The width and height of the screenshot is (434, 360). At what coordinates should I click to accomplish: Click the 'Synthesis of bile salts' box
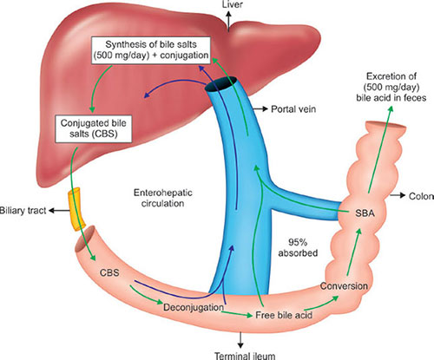point(151,50)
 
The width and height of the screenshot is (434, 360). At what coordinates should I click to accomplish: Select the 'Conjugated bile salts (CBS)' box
point(94,128)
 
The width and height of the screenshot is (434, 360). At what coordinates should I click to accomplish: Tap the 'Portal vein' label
point(293,109)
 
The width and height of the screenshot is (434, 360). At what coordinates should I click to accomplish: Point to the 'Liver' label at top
point(233,4)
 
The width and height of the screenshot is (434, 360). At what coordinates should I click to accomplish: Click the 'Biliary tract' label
point(23,211)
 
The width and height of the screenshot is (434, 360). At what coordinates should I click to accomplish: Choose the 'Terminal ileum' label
point(245,356)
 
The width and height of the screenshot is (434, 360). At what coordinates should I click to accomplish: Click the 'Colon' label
point(421,196)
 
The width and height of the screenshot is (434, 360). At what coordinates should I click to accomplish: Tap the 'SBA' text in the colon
point(365,213)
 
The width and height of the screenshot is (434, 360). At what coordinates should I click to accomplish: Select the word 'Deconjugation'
point(194,307)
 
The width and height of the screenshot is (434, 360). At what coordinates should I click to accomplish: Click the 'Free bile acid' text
point(284,315)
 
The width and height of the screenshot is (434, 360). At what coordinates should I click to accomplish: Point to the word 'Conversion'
point(344,286)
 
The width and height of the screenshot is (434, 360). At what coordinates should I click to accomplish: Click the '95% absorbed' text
point(298,247)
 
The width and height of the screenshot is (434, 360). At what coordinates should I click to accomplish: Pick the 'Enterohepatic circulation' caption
point(163,198)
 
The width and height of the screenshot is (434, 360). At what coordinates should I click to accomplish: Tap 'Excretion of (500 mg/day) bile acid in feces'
point(391,87)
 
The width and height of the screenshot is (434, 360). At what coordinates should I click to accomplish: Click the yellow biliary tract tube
point(76,209)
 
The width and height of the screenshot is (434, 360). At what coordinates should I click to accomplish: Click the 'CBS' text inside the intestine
point(109,272)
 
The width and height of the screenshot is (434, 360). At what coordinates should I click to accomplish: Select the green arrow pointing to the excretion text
point(380,149)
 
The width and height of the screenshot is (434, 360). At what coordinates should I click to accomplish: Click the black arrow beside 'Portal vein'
point(260,108)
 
